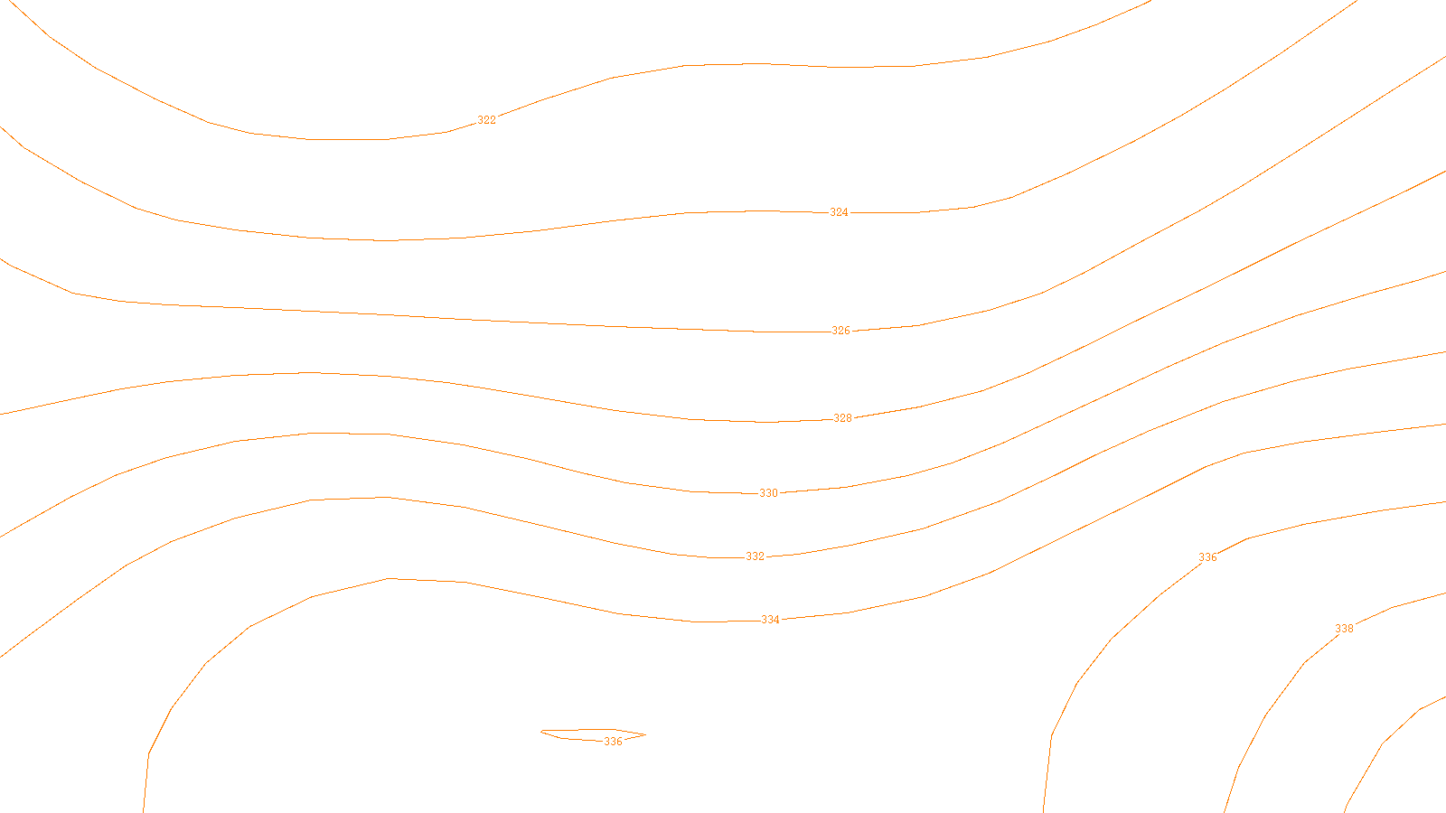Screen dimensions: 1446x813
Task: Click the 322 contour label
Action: pyautogui.click(x=486, y=120)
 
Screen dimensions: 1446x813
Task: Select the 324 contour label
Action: pyautogui.click(x=839, y=212)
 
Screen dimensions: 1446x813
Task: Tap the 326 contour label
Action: pyautogui.click(x=840, y=331)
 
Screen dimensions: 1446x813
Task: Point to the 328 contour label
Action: pyautogui.click(x=842, y=418)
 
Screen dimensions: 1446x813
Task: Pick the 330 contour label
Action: pyautogui.click(x=768, y=493)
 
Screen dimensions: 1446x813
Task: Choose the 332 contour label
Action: pyautogui.click(x=755, y=556)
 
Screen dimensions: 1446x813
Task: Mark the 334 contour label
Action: pyautogui.click(x=770, y=620)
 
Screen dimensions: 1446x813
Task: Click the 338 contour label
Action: pyautogui.click(x=1344, y=629)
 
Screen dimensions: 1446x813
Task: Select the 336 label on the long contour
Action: pyautogui.click(x=1207, y=557)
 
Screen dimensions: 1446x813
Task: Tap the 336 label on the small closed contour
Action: pyautogui.click(x=613, y=742)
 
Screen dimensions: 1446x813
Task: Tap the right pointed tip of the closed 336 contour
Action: pyautogui.click(x=644, y=735)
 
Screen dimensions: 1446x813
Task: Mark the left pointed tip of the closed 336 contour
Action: pyautogui.click(x=541, y=732)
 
